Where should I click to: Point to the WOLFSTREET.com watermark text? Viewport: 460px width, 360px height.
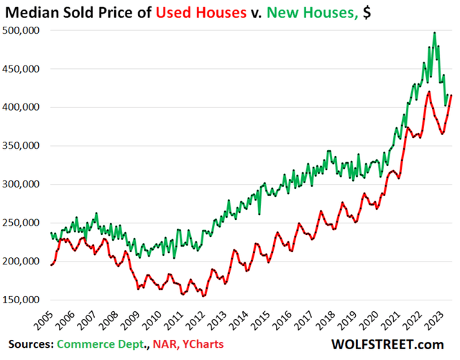click(x=399, y=346)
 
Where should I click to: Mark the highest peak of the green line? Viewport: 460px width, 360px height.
click(x=434, y=32)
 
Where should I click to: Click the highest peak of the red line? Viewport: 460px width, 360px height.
click(x=429, y=92)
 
